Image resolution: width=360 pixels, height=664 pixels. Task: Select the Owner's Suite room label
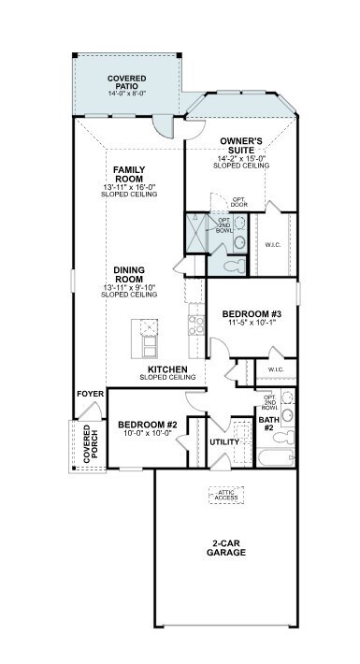pyautogui.click(x=241, y=146)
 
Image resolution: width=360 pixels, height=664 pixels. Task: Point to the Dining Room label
pyautogui.click(x=129, y=275)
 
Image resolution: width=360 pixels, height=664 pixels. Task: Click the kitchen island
pyautogui.click(x=146, y=338)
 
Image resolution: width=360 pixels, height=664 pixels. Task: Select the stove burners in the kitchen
pyautogui.click(x=196, y=325)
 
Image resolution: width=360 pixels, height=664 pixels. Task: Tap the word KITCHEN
pyautogui.click(x=167, y=369)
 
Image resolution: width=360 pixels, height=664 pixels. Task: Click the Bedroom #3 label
pyautogui.click(x=251, y=314)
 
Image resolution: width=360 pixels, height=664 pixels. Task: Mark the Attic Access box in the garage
pyautogui.click(x=225, y=496)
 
